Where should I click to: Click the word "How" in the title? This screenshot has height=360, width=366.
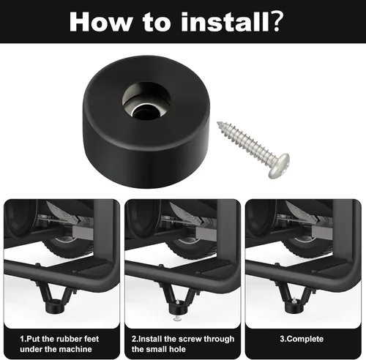point(100,22)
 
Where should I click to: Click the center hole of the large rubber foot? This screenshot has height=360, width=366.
point(141,112)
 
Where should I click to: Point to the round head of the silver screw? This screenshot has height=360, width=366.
point(280,166)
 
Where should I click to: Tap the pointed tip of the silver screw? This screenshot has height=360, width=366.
point(217,123)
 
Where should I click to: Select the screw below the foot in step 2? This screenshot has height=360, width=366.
point(178,318)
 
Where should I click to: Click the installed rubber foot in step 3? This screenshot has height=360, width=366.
point(294,307)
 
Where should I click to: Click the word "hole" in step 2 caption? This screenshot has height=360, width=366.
point(177,349)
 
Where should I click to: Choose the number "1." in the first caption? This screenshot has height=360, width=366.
point(23,339)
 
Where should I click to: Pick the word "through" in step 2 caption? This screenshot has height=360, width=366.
point(219,340)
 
